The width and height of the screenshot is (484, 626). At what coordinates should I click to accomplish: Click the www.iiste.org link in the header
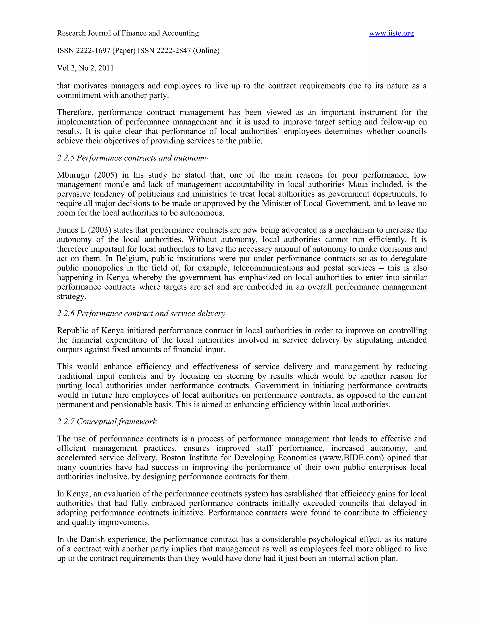tap(391, 33)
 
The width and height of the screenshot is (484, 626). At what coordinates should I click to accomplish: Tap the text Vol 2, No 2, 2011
tap(85, 68)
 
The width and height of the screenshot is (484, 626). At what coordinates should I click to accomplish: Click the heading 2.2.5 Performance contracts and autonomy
tap(133, 158)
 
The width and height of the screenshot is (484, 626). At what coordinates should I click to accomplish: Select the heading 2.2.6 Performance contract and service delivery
tap(141, 313)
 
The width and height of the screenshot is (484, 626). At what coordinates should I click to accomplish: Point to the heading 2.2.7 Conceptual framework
tap(107, 422)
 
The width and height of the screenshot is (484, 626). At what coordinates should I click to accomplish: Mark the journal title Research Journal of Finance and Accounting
tap(128, 33)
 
